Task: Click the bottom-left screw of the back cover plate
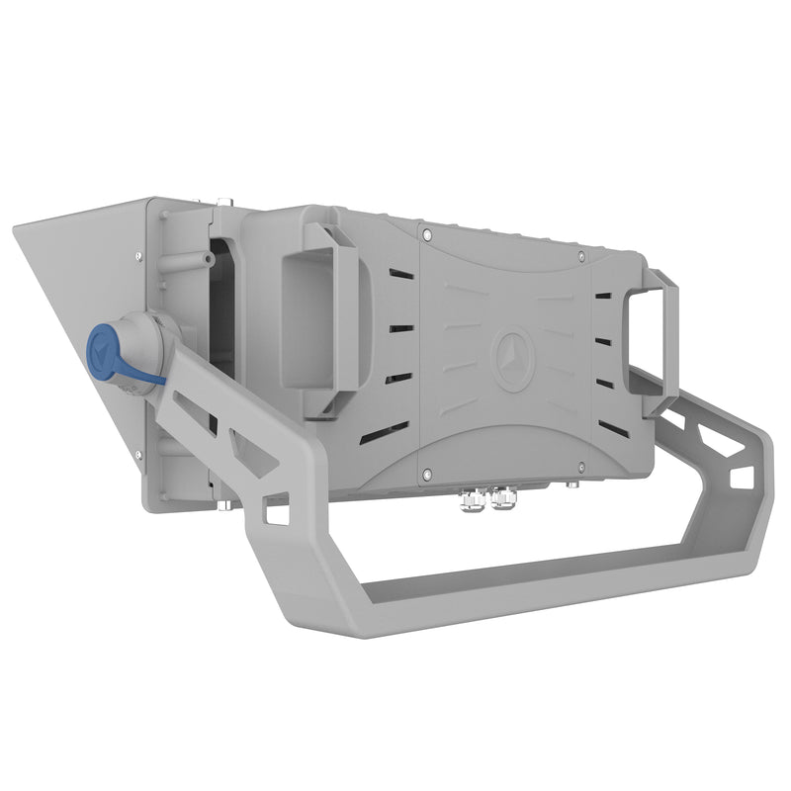[x=425, y=473]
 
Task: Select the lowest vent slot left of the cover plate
[x=386, y=432]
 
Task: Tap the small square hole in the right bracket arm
[x=742, y=477]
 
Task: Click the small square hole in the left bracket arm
[x=278, y=514]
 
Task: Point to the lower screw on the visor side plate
[x=137, y=455]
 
